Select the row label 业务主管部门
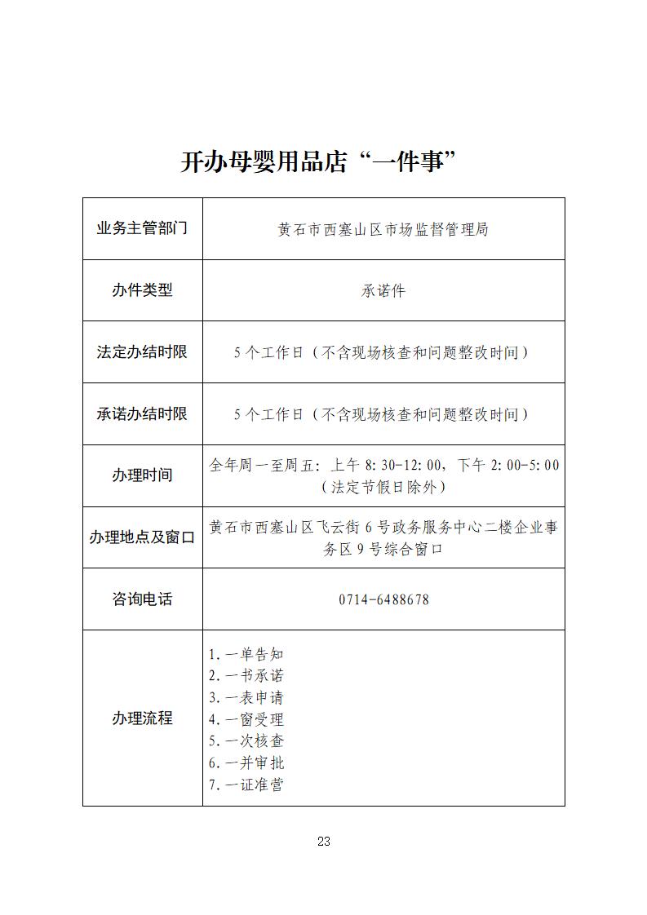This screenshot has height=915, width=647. click(x=142, y=228)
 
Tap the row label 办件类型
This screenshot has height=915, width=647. click(x=142, y=290)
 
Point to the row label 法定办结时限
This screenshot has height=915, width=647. click(x=142, y=352)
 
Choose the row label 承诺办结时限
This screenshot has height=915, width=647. click(x=142, y=413)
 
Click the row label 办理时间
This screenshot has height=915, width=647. click(x=142, y=475)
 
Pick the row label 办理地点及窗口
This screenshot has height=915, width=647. click(x=142, y=537)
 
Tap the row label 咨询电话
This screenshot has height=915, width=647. click(x=142, y=599)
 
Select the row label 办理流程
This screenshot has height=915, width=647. click(x=142, y=718)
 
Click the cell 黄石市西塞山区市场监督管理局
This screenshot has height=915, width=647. click(x=383, y=230)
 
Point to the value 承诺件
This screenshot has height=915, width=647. click(x=383, y=291)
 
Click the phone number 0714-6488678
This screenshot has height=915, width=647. click(x=383, y=600)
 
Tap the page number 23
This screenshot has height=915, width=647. click(x=323, y=842)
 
